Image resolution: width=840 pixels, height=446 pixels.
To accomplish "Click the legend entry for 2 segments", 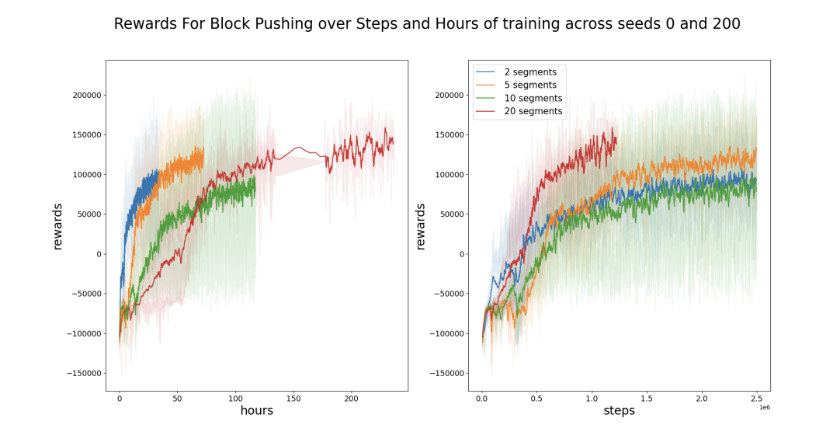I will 530,72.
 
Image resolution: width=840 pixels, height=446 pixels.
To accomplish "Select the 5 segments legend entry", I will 530,85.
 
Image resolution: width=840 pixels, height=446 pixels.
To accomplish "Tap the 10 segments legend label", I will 533,99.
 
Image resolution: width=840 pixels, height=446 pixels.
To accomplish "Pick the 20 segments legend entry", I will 533,112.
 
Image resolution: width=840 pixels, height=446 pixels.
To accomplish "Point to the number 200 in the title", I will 726,24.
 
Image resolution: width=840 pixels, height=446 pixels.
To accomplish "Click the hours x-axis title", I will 256,411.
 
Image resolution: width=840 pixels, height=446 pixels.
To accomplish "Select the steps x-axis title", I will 619,411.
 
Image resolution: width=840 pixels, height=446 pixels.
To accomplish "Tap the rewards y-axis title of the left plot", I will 57,227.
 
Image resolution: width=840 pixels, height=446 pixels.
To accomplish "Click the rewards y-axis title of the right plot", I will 421,227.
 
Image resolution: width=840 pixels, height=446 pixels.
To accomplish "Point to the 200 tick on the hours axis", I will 351,398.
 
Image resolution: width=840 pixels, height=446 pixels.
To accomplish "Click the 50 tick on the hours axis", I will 177,398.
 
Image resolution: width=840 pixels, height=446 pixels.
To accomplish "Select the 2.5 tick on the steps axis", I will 756,398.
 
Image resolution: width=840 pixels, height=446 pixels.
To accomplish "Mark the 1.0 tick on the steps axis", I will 592,398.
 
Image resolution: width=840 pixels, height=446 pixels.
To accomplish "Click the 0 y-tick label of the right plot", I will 462,255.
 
